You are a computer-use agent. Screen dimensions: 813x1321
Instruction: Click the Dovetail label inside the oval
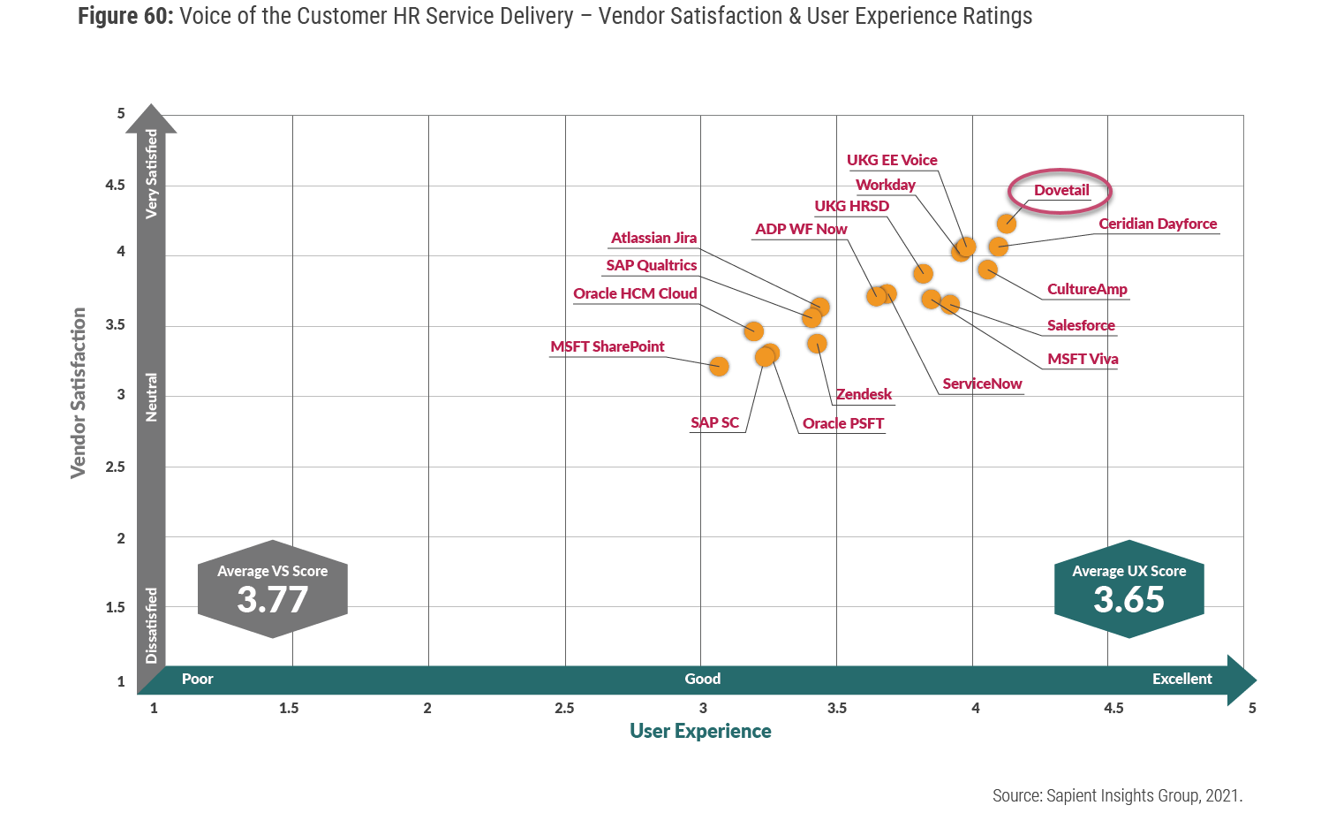point(1061,191)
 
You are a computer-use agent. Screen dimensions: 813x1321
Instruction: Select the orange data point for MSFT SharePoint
point(719,366)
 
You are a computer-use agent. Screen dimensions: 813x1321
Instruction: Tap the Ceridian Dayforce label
point(1158,224)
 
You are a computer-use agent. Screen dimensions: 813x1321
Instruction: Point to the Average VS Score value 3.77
point(272,600)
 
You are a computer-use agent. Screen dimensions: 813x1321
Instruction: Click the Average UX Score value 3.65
point(1129,600)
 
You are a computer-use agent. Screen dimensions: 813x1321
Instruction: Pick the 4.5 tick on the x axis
point(1113,708)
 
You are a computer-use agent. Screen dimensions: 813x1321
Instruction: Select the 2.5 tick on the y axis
point(116,467)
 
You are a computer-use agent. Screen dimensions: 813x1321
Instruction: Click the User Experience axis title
point(700,731)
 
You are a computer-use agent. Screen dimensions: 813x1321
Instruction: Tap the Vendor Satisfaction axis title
point(79,393)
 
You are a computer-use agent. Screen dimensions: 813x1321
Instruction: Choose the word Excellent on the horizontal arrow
point(1181,679)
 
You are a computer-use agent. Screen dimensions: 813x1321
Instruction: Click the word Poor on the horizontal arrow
point(197,679)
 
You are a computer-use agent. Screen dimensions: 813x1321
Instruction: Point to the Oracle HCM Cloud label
point(635,293)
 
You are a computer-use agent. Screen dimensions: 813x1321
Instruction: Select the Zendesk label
point(864,394)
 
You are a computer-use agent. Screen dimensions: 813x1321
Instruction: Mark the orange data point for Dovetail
point(1006,224)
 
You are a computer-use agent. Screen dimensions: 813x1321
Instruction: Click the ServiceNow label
point(982,384)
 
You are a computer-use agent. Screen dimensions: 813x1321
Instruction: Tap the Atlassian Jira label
point(653,238)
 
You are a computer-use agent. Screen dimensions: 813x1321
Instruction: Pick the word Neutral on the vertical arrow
point(152,397)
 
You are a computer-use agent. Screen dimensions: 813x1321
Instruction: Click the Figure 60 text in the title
point(125,16)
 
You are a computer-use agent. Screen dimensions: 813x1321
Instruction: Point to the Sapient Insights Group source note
point(1117,795)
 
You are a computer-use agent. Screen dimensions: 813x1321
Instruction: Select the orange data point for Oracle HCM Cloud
point(753,331)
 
